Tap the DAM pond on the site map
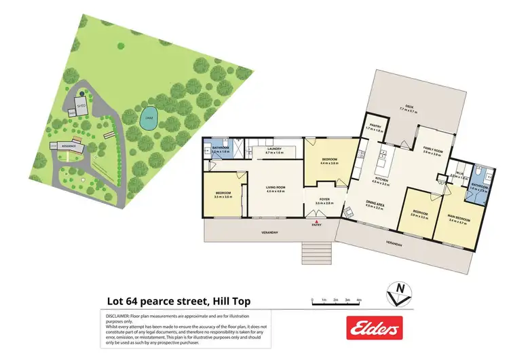149,120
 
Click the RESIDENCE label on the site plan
68,146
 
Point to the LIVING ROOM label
276,187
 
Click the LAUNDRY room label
274,149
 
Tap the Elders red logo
374,329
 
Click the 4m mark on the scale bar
359,299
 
